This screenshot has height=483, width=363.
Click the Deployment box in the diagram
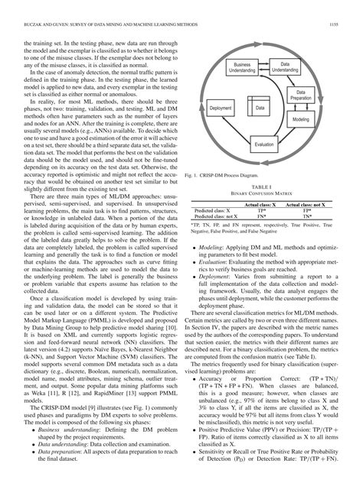click(222, 109)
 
